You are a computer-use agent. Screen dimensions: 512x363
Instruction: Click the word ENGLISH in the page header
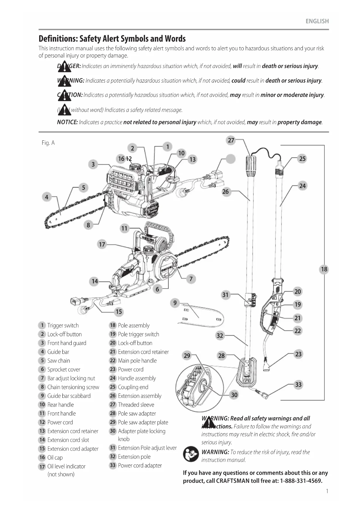click(x=317, y=21)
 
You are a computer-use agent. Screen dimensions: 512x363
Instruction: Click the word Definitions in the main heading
click(x=58, y=39)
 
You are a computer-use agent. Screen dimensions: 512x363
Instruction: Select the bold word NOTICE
click(x=67, y=122)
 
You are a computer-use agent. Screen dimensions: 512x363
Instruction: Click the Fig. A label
click(x=48, y=143)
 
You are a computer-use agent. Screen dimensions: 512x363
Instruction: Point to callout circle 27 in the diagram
click(x=231, y=140)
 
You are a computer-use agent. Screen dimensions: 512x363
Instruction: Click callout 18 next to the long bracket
click(x=324, y=269)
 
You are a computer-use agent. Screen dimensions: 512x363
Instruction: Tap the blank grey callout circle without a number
click(x=231, y=159)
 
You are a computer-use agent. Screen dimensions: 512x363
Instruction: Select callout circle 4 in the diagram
click(x=47, y=197)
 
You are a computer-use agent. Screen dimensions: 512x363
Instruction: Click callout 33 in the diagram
click(x=298, y=384)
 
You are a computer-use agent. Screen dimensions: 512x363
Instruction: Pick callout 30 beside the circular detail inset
click(x=234, y=395)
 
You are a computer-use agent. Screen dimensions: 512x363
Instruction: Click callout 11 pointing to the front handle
click(x=124, y=228)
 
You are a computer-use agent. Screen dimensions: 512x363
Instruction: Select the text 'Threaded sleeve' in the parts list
click(x=136, y=405)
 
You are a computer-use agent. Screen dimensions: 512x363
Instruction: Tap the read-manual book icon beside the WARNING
click(x=191, y=454)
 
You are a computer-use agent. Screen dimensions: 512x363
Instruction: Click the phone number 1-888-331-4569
click(x=301, y=481)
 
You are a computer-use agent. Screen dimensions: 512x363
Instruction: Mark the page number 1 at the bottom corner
click(x=327, y=491)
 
